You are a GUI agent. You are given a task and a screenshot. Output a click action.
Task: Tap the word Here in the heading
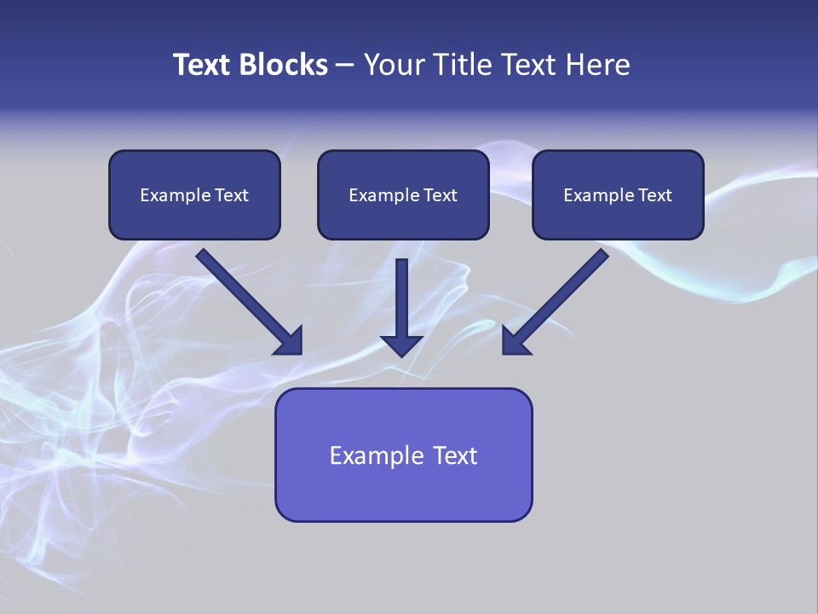596,65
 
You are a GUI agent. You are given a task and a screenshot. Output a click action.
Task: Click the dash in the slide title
345,66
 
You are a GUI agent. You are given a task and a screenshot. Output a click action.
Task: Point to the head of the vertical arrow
401,345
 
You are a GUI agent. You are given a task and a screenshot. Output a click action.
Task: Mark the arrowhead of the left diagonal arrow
290,341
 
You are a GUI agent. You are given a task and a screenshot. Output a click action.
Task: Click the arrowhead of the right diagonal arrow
515,341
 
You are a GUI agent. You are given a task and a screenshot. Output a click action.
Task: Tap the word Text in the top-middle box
441,195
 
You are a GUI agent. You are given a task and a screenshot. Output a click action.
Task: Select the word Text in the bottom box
455,455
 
